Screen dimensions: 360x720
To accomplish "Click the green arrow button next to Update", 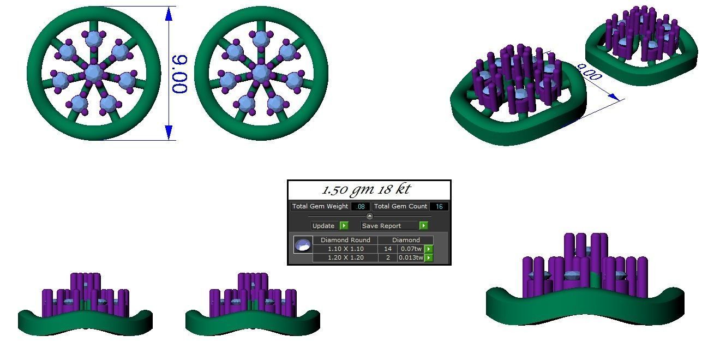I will (x=344, y=226).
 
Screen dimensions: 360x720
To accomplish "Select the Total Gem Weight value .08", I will (x=361, y=207).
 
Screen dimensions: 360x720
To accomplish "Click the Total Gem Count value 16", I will (x=439, y=207).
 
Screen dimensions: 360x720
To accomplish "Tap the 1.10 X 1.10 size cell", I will (x=345, y=249).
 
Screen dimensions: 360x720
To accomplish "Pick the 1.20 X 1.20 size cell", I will (x=345, y=257).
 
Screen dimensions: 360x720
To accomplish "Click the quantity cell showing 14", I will (x=388, y=249).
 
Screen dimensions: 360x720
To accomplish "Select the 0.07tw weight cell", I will (x=411, y=249).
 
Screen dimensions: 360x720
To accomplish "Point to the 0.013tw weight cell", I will (x=411, y=257).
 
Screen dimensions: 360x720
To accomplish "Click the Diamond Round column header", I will (x=345, y=240).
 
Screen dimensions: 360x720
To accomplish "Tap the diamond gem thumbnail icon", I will (x=303, y=245).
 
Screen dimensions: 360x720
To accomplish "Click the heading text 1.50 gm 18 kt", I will (x=366, y=190).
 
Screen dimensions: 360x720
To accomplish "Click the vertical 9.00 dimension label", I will (x=180, y=74).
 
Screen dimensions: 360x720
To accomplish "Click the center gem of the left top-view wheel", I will (x=93, y=72).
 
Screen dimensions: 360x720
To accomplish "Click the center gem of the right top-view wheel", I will (x=261, y=72).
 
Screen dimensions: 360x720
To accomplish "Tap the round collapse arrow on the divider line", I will (x=369, y=217).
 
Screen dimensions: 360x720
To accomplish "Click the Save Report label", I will (x=381, y=226).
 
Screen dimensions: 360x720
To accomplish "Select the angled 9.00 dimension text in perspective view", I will (x=589, y=73).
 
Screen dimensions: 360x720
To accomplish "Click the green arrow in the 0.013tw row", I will (x=429, y=257).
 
